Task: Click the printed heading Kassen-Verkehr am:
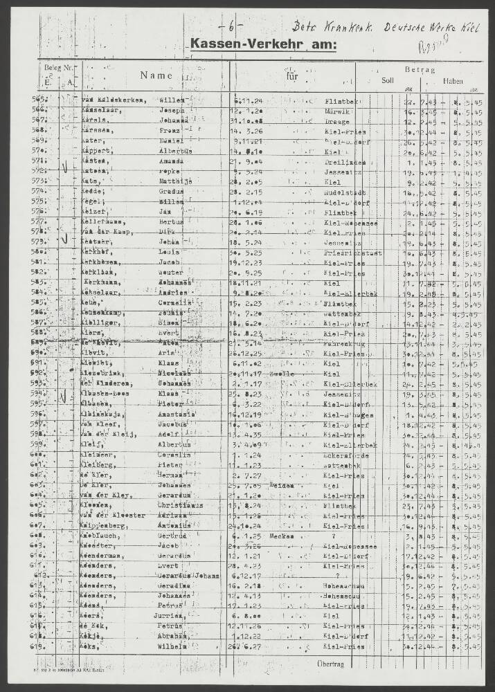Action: (x=264, y=45)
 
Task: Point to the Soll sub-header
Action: (x=387, y=80)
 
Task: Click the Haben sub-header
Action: (x=454, y=80)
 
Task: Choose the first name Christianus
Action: (x=180, y=506)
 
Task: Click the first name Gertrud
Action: (x=174, y=536)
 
